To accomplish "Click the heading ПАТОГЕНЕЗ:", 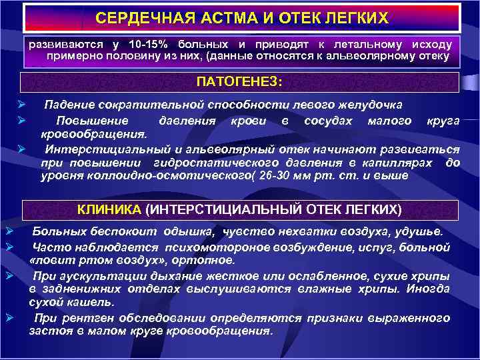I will point(239,81).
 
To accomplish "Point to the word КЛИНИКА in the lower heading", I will point(109,209).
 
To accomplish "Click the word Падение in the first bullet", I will point(69,106).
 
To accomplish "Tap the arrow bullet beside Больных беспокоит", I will point(7,231).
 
